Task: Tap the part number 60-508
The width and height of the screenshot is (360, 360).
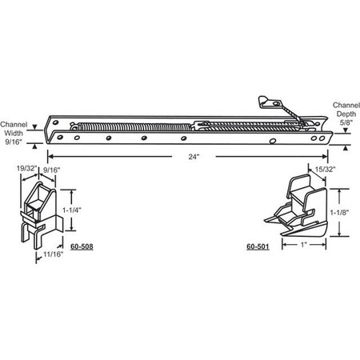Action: [81, 246]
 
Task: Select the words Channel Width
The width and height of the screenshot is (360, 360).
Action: [14, 129]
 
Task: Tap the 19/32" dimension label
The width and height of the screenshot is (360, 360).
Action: [26, 169]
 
